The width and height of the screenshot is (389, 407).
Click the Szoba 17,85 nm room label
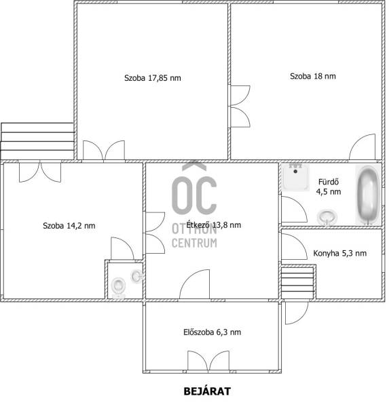153,78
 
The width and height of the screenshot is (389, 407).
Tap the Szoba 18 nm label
312,76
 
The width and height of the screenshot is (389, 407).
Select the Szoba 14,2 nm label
69,226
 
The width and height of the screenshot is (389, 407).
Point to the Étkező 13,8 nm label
214,225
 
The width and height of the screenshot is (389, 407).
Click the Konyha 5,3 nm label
339,253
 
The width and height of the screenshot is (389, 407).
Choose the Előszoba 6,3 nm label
212,332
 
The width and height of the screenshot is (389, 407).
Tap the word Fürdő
329,182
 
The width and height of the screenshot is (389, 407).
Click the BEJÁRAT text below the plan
207,391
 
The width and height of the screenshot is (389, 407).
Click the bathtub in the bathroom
368,195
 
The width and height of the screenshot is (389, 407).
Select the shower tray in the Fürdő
296,177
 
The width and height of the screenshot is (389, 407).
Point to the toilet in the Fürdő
327,217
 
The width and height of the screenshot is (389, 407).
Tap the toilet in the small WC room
118,288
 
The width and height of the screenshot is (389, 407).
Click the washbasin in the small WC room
137,277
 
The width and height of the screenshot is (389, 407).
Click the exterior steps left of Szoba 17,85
38,141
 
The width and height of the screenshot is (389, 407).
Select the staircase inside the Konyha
298,282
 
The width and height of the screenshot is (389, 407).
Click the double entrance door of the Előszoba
208,361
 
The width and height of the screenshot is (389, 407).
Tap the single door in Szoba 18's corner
362,147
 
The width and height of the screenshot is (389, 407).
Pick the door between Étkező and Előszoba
194,284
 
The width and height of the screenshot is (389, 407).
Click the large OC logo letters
194,195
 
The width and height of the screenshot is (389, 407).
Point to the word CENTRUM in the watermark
194,243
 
